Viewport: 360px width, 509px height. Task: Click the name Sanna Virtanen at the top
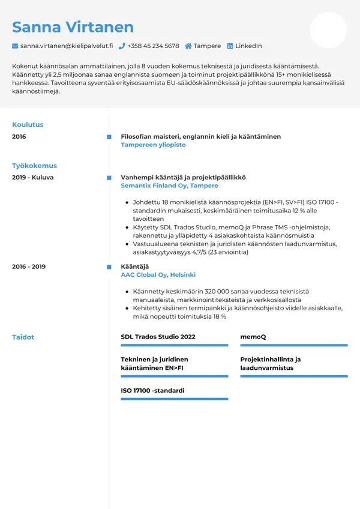pyautogui.click(x=73, y=27)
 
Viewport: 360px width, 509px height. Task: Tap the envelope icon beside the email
pyautogui.click(x=15, y=46)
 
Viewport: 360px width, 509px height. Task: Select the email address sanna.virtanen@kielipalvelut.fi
pyautogui.click(x=67, y=46)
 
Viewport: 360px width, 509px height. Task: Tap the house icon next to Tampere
pyautogui.click(x=188, y=46)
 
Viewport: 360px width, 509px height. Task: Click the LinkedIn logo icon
pyautogui.click(x=230, y=46)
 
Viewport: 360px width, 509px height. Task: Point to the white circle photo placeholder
pyautogui.click(x=328, y=30)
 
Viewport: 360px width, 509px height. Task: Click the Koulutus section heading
pyautogui.click(x=28, y=125)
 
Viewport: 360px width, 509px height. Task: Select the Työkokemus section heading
pyautogui.click(x=34, y=166)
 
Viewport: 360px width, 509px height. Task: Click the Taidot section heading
pyautogui.click(x=23, y=337)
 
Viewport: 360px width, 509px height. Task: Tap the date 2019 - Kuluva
pyautogui.click(x=32, y=178)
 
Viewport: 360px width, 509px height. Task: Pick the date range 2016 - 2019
pyautogui.click(x=29, y=267)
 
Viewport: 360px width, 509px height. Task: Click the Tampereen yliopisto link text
pyautogui.click(x=153, y=145)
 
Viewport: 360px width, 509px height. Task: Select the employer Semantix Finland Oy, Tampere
pyautogui.click(x=169, y=186)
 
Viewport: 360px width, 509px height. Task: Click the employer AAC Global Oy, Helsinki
pyautogui.click(x=158, y=275)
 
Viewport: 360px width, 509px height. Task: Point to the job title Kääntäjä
pyautogui.click(x=134, y=267)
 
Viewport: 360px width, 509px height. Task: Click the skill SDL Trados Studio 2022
pyautogui.click(x=158, y=337)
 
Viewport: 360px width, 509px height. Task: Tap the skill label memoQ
pyautogui.click(x=253, y=337)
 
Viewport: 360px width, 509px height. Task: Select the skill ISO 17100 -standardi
pyautogui.click(x=152, y=391)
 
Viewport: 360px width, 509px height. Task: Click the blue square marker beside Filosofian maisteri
pyautogui.click(x=109, y=137)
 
